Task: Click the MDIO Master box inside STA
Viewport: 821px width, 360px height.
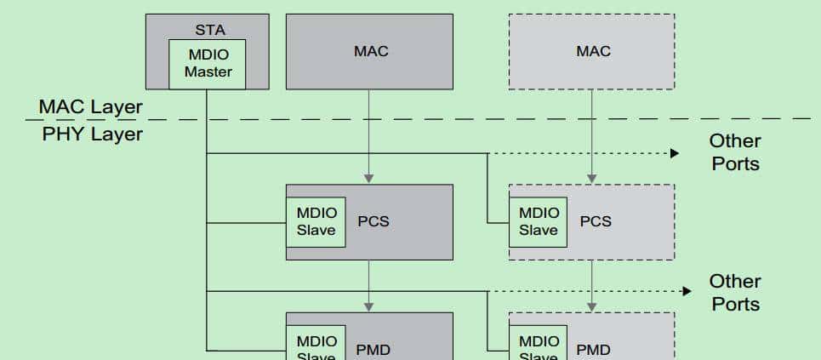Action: [208, 64]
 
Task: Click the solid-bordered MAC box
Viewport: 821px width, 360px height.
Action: [370, 51]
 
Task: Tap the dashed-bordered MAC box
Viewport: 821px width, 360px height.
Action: [592, 51]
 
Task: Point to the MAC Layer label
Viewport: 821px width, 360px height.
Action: [91, 108]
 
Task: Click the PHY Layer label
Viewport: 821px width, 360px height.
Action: [92, 134]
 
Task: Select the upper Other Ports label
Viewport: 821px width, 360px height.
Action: [735, 151]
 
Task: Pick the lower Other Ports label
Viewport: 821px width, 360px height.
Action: [735, 292]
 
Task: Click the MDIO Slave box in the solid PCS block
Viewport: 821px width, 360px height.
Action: [316, 221]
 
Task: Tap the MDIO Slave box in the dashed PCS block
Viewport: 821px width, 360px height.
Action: [539, 221]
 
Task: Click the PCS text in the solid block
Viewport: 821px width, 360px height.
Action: [373, 221]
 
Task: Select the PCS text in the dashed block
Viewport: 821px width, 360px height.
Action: [596, 221]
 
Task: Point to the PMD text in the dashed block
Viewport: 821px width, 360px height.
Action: [593, 349]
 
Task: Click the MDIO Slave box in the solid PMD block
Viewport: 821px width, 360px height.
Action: [316, 344]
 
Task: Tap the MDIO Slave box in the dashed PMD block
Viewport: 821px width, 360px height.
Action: [539, 344]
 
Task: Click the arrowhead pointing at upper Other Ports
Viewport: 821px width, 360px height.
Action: [674, 153]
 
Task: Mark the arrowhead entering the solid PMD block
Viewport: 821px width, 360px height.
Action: [368, 306]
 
